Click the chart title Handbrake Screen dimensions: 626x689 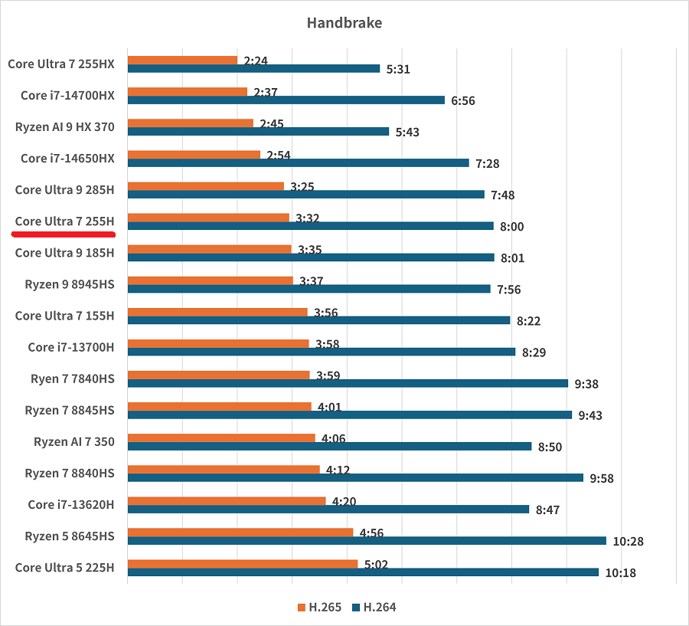344,23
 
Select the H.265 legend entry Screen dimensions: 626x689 319,608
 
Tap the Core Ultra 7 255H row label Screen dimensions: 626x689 64,221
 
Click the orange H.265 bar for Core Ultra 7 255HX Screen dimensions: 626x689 182,60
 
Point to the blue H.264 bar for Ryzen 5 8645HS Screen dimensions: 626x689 367,541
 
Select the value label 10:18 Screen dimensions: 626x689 620,573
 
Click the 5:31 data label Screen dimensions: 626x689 398,69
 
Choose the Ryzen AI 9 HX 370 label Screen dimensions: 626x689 64,126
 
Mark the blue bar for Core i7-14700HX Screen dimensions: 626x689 286,100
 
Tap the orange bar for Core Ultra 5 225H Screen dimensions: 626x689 242,564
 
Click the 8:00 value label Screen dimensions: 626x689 512,227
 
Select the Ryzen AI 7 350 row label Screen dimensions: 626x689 73,442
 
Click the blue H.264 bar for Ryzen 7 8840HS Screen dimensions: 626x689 355,477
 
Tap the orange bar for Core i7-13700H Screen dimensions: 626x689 218,343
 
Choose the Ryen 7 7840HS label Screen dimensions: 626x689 72,379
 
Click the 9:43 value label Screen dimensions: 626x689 590,415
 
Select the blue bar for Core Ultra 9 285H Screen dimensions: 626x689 305,195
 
